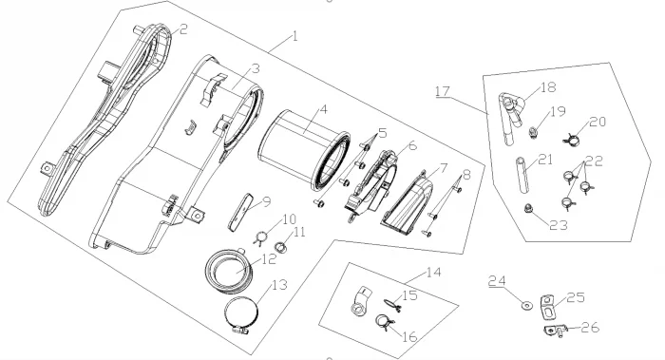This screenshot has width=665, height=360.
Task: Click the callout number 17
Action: [443, 91]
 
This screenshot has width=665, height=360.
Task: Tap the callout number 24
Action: [497, 281]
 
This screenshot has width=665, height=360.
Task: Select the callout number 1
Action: [295, 36]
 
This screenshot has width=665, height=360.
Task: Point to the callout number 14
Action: [433, 272]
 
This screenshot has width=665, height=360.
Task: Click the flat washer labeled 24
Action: [526, 305]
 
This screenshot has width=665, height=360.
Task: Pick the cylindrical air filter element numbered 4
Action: [304, 148]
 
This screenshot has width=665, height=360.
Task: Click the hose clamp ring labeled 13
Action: [241, 314]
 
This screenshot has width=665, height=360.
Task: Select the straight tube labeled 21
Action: [522, 175]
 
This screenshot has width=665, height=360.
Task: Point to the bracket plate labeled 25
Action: [547, 307]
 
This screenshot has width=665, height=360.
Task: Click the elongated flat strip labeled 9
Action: [240, 212]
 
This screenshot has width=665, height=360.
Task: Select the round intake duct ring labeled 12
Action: [230, 271]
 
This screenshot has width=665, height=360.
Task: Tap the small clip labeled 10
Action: [261, 237]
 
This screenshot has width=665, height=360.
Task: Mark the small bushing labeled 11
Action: [280, 246]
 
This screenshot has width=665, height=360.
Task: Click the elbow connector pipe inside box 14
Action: [360, 301]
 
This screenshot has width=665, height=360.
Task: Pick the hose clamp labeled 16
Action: [385, 322]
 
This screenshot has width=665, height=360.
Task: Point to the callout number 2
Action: [183, 29]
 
